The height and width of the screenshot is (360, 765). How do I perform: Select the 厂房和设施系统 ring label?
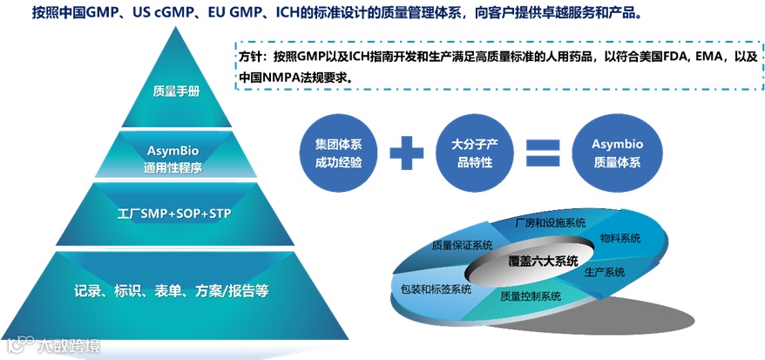pyautogui.click(x=549, y=223)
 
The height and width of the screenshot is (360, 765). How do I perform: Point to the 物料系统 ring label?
pyautogui.click(x=620, y=237)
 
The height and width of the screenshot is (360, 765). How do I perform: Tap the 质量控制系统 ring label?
pyautogui.click(x=531, y=296)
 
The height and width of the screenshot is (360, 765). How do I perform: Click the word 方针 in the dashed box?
pyautogui.click(x=251, y=57)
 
